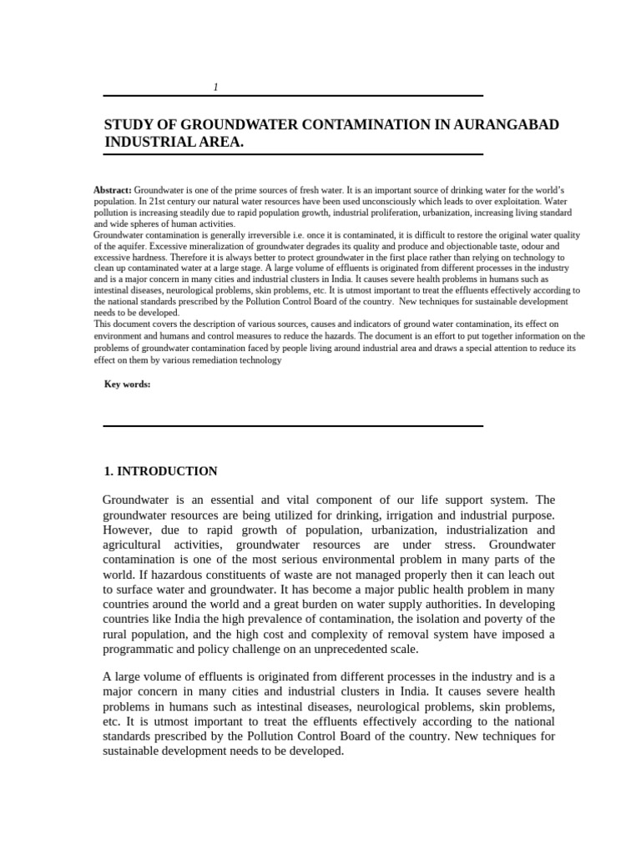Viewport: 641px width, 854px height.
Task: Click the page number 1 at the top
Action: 215,88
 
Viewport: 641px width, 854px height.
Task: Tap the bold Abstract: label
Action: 113,191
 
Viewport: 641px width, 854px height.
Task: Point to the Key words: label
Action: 127,384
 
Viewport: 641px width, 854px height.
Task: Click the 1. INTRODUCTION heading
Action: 160,471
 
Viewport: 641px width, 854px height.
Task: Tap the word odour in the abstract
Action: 512,247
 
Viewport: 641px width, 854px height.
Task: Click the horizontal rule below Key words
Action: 293,426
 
